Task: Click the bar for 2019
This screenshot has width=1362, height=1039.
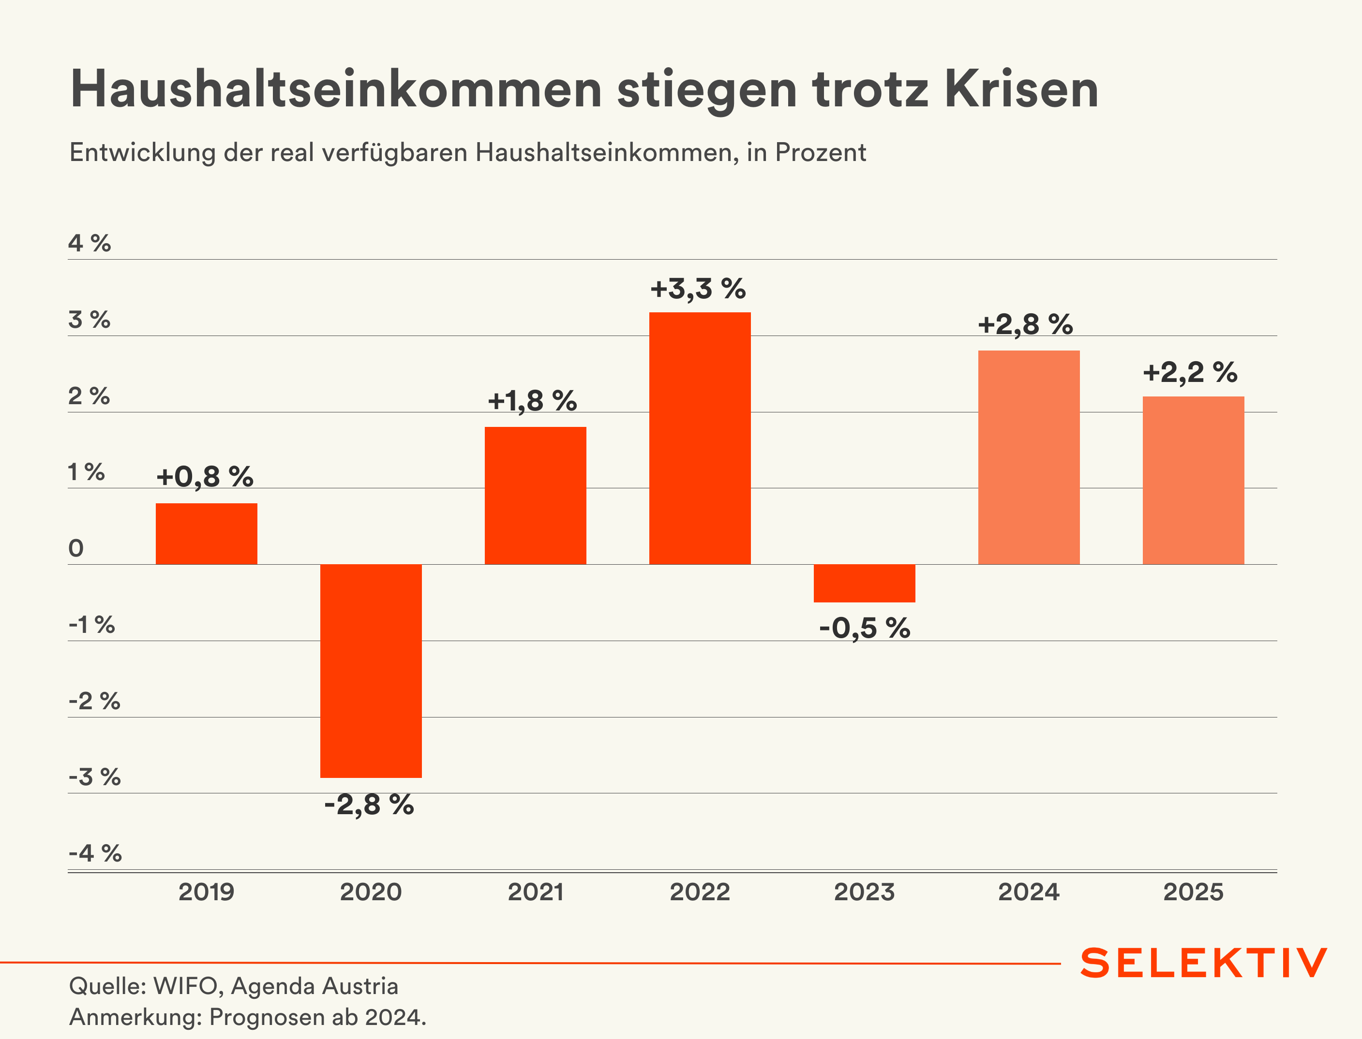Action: coord(206,534)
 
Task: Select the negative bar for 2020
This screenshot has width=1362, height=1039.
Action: coord(371,671)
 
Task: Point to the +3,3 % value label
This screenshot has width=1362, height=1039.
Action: coord(698,289)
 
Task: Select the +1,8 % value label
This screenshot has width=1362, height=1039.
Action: coord(532,401)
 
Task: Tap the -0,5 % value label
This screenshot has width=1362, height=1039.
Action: coord(865,629)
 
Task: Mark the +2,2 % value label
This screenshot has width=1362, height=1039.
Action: coord(1190,372)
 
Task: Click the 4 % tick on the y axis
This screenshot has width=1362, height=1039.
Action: coord(90,243)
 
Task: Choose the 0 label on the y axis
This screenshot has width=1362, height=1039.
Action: coord(76,548)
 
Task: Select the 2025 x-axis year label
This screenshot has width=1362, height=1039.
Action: coord(1193,892)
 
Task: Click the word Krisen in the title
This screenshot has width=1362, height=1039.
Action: coord(1021,89)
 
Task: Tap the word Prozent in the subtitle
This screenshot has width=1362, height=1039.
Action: coord(821,152)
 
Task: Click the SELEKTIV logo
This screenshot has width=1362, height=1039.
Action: coord(1204,963)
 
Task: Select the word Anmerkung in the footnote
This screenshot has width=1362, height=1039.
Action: coord(135,1017)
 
